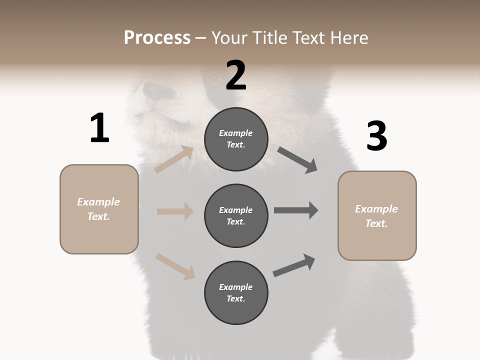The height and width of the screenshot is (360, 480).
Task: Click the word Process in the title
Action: tap(157, 37)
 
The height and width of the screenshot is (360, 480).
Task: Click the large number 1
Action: tap(99, 128)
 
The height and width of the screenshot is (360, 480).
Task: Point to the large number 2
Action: tap(236, 75)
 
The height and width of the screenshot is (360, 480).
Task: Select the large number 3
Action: tap(376, 136)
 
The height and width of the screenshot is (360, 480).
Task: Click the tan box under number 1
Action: tap(99, 209)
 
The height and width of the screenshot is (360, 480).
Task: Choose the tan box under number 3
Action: tap(377, 216)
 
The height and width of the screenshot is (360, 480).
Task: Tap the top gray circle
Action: tap(236, 139)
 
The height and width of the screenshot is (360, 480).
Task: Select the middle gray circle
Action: tap(236, 215)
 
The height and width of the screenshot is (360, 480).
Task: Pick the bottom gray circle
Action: tap(236, 292)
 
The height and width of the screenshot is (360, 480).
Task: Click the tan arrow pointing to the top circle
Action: tap(174, 159)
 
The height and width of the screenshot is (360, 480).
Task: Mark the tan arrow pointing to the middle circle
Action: tap(175, 211)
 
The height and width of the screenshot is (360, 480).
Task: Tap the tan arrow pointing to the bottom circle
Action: tap(175, 266)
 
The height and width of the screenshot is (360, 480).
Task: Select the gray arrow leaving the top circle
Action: tap(297, 160)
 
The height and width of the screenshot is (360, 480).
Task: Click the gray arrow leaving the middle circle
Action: tap(296, 210)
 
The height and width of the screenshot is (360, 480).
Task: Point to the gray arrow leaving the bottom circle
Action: tap(294, 265)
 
